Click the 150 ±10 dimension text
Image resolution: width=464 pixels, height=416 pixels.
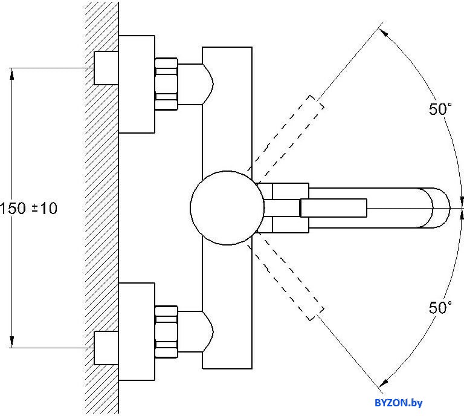(28, 208)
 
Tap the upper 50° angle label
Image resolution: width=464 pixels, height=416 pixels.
(440, 109)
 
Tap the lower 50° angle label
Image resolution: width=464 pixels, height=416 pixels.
(440, 307)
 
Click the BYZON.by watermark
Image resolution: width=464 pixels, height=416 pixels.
(399, 403)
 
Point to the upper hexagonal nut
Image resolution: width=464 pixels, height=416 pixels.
(166, 84)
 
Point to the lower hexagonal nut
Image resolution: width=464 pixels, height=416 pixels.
(166, 331)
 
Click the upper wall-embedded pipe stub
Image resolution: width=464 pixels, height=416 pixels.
(106, 68)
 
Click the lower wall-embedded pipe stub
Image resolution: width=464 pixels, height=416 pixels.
(106, 348)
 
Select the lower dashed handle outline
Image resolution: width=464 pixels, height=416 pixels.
(286, 281)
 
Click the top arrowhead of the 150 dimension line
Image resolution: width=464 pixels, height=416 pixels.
(12, 73)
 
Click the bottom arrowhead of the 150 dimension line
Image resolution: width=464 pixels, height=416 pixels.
(12, 342)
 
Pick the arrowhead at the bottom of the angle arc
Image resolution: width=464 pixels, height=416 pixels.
(384, 383)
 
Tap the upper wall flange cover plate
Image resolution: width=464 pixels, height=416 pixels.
(137, 84)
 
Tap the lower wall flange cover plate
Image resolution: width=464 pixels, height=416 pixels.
(137, 331)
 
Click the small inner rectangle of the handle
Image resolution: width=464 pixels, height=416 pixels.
(333, 208)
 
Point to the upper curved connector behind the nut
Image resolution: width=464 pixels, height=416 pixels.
(195, 84)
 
